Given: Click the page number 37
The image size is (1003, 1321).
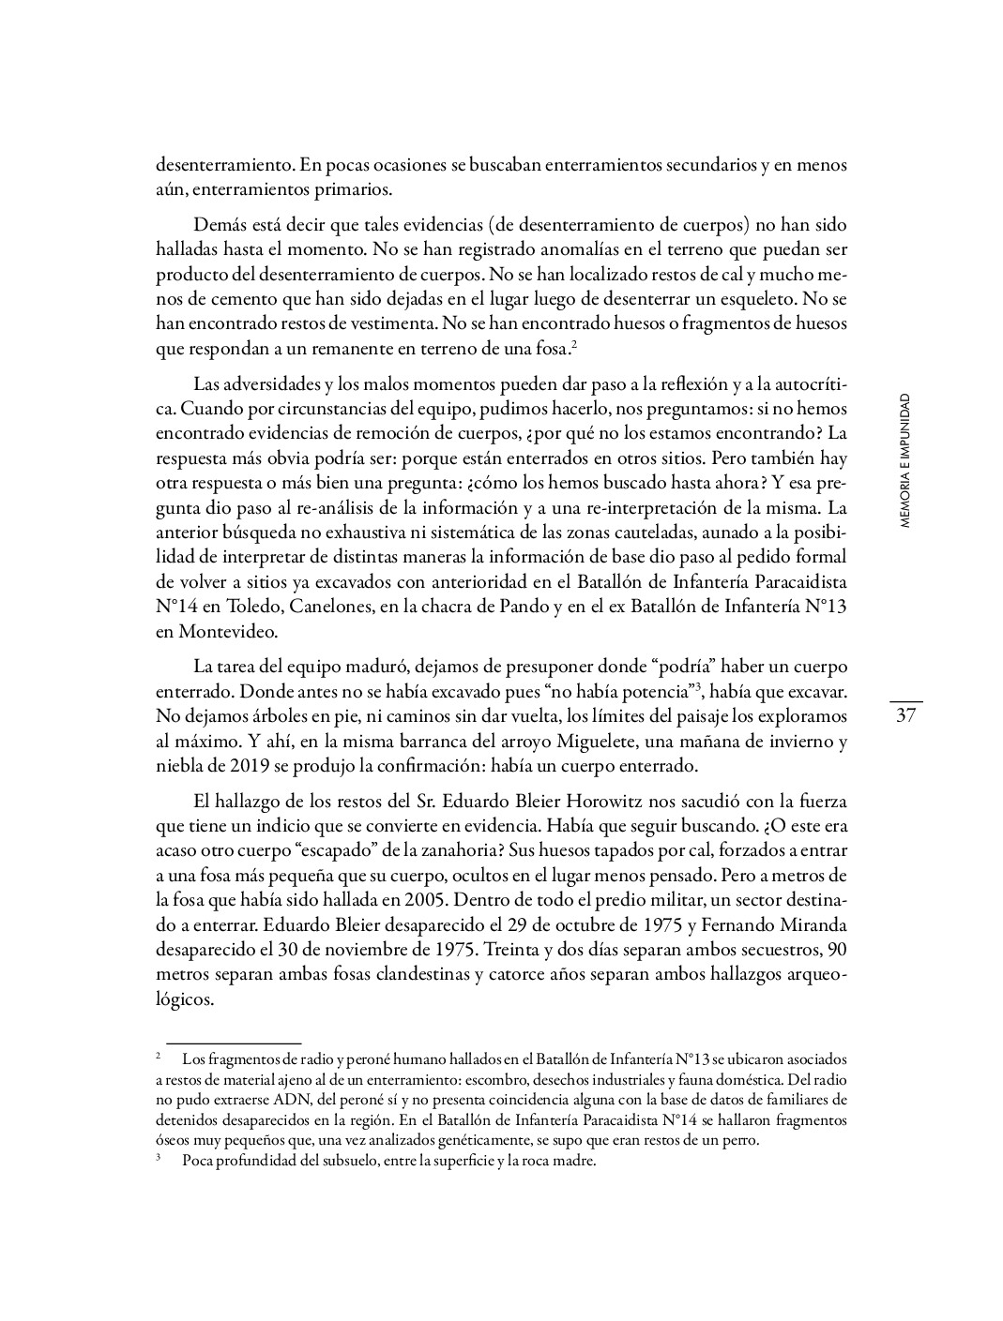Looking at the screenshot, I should [905, 717].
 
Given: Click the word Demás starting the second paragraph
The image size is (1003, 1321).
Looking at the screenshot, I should [218, 225].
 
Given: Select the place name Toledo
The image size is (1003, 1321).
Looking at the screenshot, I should [256, 607].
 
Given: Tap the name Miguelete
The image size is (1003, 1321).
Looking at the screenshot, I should [588, 743].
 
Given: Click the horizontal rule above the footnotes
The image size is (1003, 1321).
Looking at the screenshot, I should [234, 1042].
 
